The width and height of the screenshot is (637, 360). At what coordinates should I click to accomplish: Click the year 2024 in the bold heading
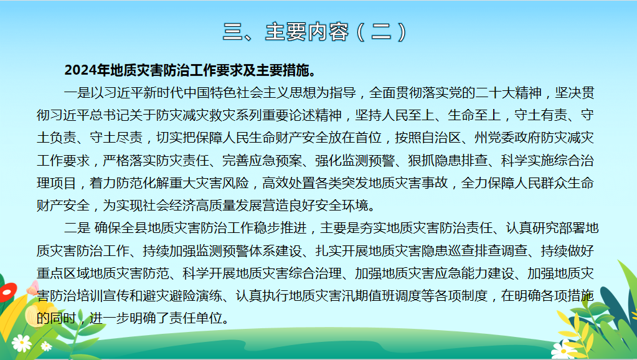80,70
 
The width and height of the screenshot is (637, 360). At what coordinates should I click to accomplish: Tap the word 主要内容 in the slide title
307,32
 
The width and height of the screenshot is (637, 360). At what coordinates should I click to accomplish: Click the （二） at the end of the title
381,32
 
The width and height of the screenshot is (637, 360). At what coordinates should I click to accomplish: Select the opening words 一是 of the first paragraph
77,93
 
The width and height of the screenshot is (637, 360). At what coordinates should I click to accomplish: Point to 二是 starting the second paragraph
77,227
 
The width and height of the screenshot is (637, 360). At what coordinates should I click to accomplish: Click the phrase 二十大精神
508,93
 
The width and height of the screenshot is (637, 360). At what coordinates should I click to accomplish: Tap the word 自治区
441,138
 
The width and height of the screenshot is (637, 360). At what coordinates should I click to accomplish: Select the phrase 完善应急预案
262,160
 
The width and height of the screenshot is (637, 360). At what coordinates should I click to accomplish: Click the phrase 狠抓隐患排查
448,160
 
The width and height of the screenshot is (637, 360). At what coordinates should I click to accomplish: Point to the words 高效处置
288,183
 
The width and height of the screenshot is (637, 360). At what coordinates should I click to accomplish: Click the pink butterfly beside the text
32,288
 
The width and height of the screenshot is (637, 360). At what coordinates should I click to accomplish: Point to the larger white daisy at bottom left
22,343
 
